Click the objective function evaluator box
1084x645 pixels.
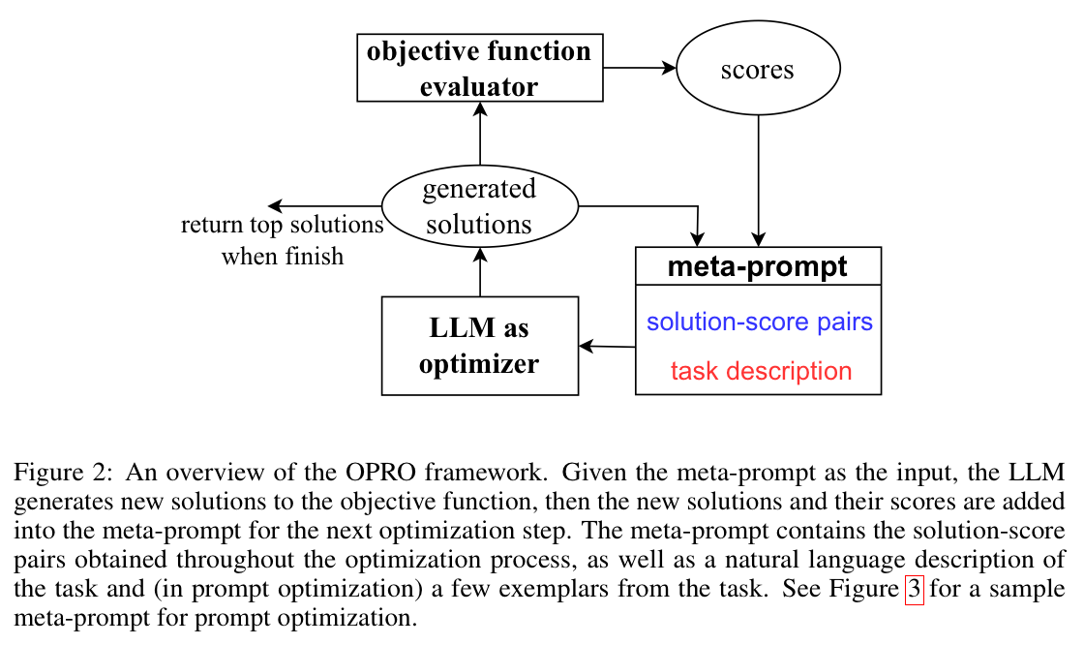pos(479,68)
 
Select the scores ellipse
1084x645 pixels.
pos(757,70)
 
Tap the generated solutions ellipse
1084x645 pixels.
pos(479,206)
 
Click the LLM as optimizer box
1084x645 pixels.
pos(479,346)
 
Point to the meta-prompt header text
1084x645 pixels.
pos(758,266)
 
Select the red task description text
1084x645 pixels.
pos(761,371)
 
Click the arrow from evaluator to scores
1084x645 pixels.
pos(638,68)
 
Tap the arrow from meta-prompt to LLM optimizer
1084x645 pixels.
pos(608,346)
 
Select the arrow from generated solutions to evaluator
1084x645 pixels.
pos(479,136)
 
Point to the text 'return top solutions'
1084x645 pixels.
pos(283,227)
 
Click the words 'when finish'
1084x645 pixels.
pos(283,257)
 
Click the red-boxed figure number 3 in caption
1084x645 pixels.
pos(914,590)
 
